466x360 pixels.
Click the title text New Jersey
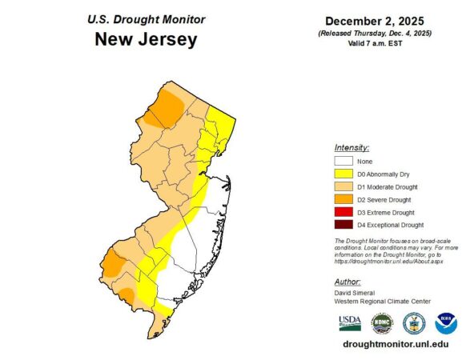click(x=146, y=40)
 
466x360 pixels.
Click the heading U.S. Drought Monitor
click(x=146, y=19)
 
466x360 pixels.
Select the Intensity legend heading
click(x=352, y=148)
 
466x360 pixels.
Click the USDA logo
click(x=350, y=322)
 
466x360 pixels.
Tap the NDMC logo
click(x=382, y=322)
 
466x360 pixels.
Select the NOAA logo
click(x=445, y=322)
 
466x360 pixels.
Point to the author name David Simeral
click(x=356, y=293)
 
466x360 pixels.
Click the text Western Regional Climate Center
click(x=383, y=301)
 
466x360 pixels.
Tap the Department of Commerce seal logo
click(x=414, y=322)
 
